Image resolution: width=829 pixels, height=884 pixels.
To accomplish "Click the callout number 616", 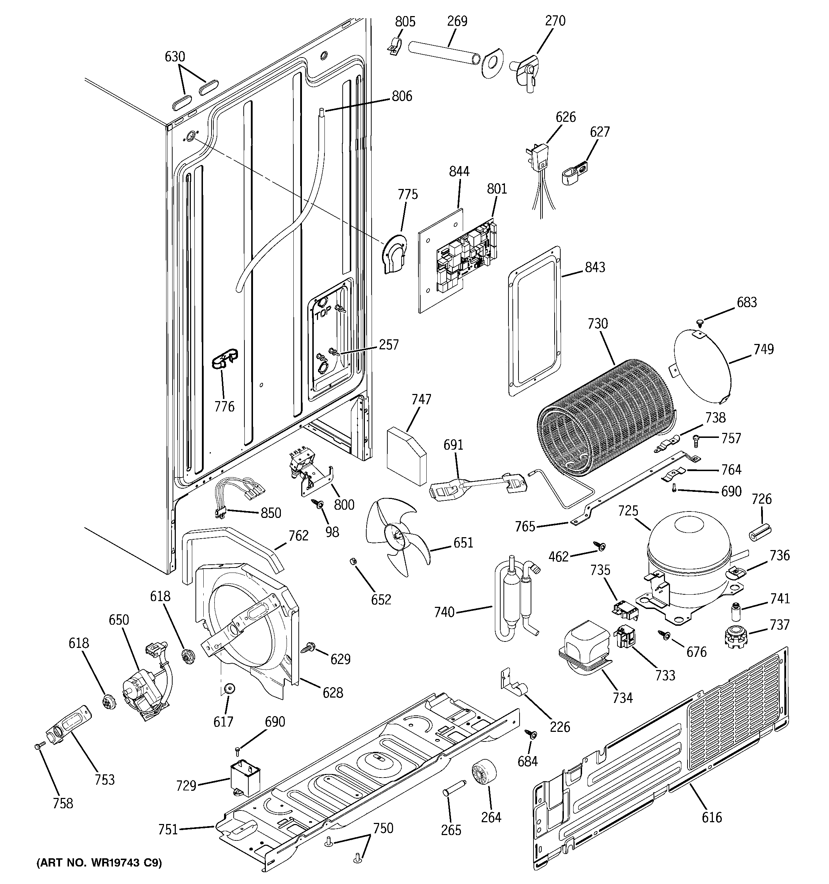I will (x=711, y=817).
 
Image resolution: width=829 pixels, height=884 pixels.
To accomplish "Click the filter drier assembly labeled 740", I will (x=516, y=596).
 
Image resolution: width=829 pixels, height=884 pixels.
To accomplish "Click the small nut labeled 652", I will (x=354, y=561).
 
